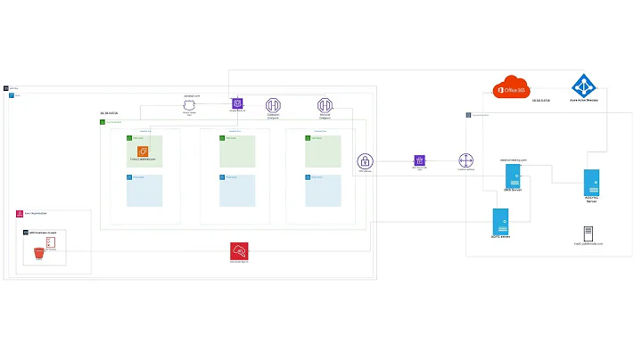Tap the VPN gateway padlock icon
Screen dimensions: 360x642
pos(366,161)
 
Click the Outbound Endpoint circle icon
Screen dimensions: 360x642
pos(274,105)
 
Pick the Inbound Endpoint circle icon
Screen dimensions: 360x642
pos(325,105)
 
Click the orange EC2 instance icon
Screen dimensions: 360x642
pos(142,151)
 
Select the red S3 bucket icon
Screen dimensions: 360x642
pos(38,254)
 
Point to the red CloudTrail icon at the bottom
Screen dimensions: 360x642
pos(239,250)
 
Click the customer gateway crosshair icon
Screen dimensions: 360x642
pos(466,161)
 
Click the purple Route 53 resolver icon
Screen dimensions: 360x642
pos(237,104)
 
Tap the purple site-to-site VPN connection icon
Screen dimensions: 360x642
pos(419,160)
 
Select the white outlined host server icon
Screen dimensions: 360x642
pos(588,233)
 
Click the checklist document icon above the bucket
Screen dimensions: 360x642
pos(51,242)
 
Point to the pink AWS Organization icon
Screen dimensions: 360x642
pos(19,214)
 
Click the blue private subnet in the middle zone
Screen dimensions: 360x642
pos(237,191)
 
